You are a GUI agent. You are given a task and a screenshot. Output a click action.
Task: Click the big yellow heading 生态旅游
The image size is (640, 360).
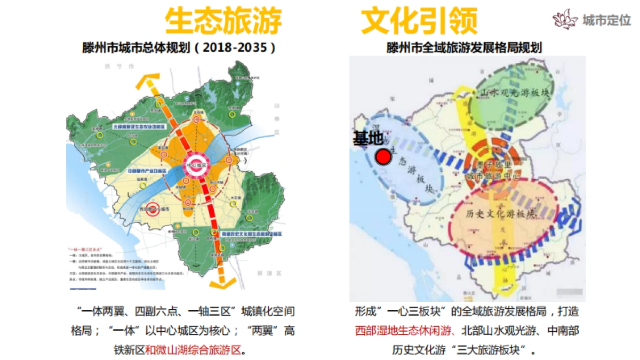pyautogui.click(x=222, y=22)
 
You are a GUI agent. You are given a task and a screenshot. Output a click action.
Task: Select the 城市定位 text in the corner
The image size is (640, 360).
pyautogui.click(x=606, y=20)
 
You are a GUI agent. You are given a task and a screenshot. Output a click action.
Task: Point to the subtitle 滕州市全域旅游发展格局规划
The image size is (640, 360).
pyautogui.click(x=464, y=47)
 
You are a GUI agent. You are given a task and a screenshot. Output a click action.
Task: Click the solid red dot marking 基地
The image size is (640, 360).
pyautogui.click(x=382, y=157)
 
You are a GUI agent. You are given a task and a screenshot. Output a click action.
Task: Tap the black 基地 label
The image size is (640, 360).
pyautogui.click(x=368, y=139)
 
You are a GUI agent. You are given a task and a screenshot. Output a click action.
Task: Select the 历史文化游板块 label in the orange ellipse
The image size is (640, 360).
pyautogui.click(x=500, y=214)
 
